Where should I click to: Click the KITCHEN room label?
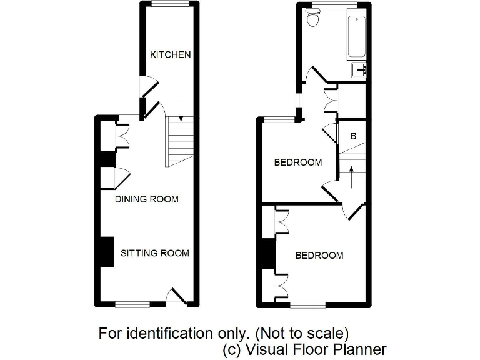pyautogui.click(x=170, y=54)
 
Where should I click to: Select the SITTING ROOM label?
pyautogui.click(x=154, y=253)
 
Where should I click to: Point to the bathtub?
pyautogui.click(x=357, y=34)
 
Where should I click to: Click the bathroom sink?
pyautogui.click(x=359, y=69)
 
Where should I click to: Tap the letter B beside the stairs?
pyautogui.click(x=353, y=136)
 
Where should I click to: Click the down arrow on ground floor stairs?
pyautogui.click(x=180, y=111)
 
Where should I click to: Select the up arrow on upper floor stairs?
pyautogui.click(x=351, y=176)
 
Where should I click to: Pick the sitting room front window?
pyautogui.click(x=132, y=304)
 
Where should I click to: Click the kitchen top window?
pyautogui.click(x=171, y=4)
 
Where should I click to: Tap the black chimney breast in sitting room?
pyautogui.click(x=107, y=252)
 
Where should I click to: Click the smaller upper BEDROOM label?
pyautogui.click(x=298, y=162)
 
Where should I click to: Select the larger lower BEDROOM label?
pyautogui.click(x=319, y=255)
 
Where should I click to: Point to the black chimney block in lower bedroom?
pyautogui.click(x=267, y=254)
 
